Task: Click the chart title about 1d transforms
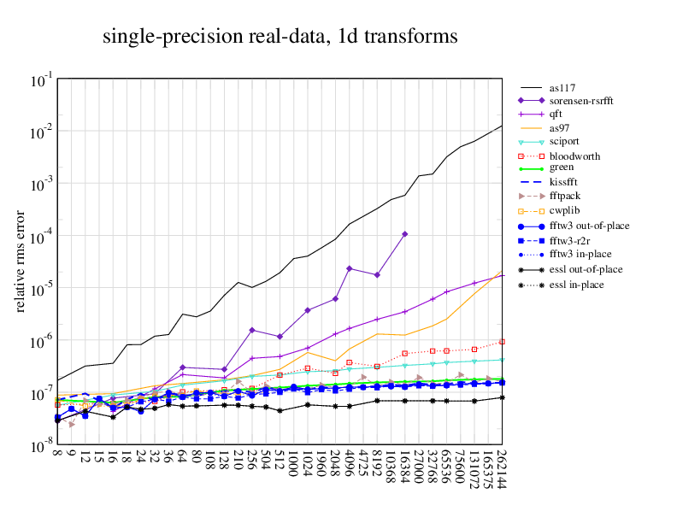[x=280, y=37]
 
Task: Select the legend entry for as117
[x=562, y=87]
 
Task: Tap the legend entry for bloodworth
[x=574, y=156]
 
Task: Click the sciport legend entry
[x=568, y=142]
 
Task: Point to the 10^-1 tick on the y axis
[x=40, y=80]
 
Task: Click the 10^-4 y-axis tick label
[x=40, y=237]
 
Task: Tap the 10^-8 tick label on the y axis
[x=40, y=446]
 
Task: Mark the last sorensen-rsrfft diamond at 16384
[x=405, y=233]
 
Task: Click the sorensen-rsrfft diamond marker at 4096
[x=349, y=268]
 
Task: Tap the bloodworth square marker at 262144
[x=503, y=342]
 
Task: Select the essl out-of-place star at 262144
[x=503, y=397]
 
